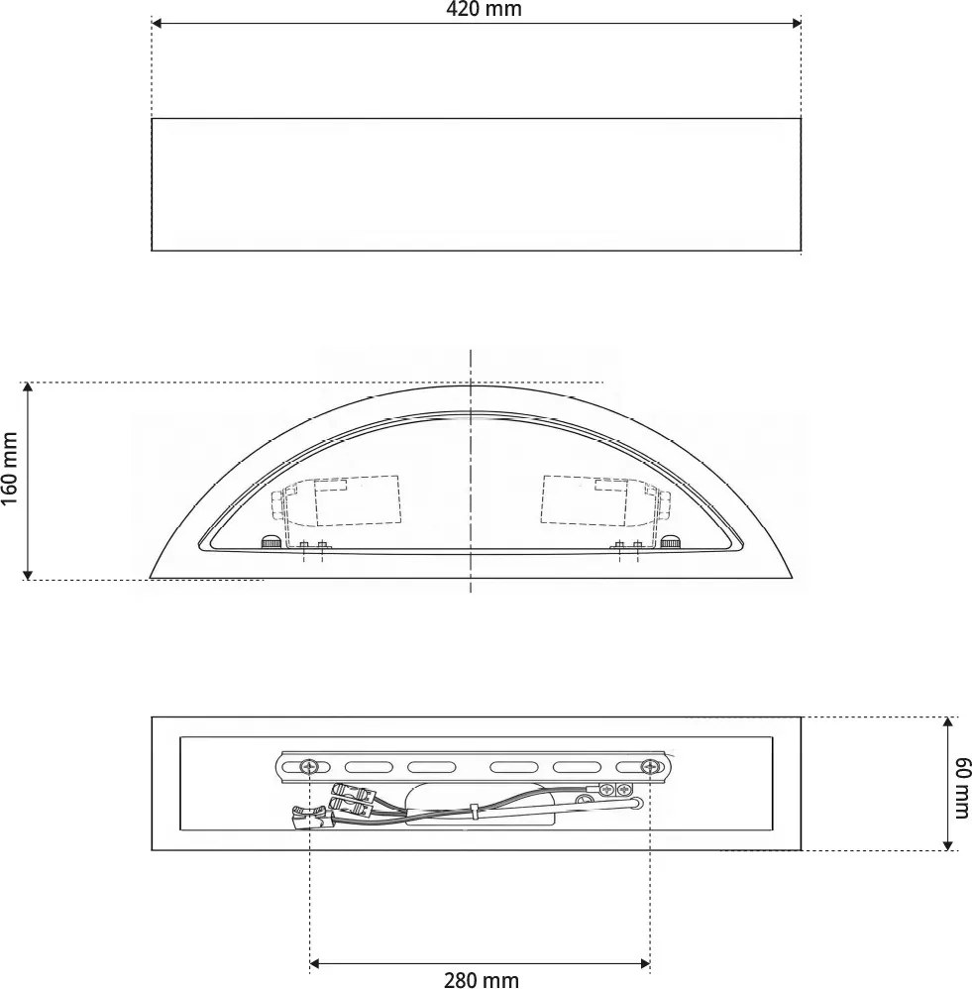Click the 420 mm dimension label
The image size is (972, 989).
pos(483,10)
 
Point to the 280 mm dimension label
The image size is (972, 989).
pos(481,980)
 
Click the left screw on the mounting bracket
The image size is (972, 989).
pos(310,766)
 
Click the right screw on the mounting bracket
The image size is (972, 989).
pos(650,766)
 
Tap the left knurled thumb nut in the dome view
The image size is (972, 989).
pos(269,542)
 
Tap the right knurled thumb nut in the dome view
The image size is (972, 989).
pos(672,542)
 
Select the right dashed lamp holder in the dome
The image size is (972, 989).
pos(599,500)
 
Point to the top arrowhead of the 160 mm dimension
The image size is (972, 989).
pos(29,387)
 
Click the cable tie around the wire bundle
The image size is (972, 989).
pos(476,811)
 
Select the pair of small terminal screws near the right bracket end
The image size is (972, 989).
pos(615,790)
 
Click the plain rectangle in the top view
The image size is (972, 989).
pos(476,184)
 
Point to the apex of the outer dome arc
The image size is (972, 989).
pos(471,385)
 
